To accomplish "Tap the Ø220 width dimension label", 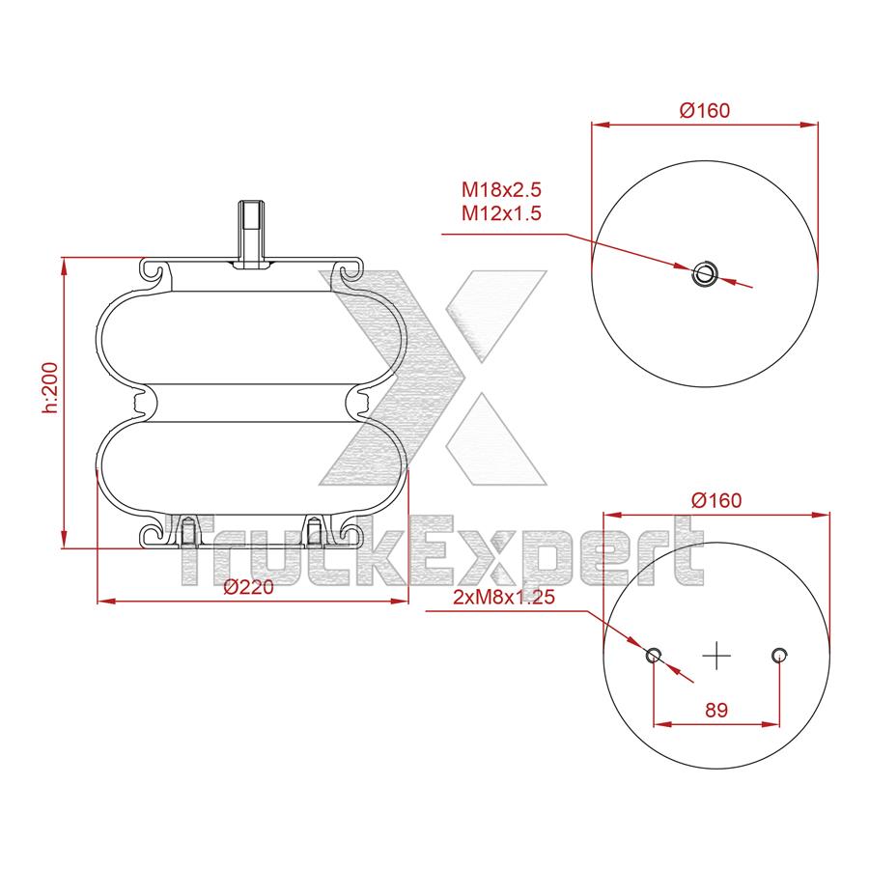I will click(249, 588).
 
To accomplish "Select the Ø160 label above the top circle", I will click(704, 110).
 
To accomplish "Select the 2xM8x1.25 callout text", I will click(503, 598).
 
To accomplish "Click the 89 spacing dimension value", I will click(715, 710).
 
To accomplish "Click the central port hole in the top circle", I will click(704, 273).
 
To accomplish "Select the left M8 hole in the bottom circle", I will click(654, 657).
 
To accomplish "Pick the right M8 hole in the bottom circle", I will click(779, 657).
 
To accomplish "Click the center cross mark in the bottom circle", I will click(716, 656).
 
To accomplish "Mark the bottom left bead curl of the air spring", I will click(154, 535).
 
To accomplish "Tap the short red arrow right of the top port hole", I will click(736, 282).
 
